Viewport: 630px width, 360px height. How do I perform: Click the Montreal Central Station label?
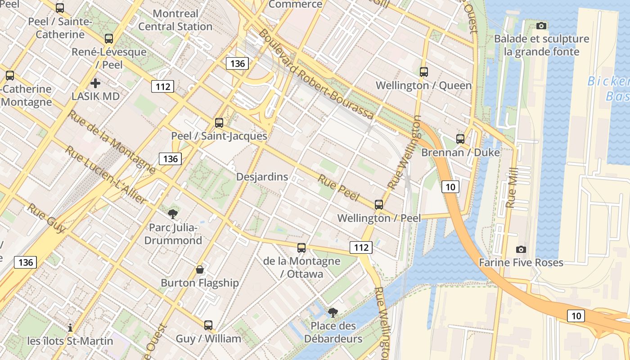175,20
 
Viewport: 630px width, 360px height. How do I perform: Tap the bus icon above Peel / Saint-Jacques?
219,122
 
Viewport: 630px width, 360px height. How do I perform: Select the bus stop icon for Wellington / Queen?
423,72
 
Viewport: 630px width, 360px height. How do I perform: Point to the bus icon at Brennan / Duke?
460,139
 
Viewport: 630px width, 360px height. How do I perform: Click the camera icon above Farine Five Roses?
521,249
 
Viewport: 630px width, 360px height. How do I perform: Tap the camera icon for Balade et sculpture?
541,26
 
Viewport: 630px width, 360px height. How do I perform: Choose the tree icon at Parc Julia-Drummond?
172,214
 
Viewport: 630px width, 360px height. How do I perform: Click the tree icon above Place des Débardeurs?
333,312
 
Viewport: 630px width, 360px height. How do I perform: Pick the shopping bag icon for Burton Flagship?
200,270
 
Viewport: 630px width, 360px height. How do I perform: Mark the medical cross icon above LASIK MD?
95,83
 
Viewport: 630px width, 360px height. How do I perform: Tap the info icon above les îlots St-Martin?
70,328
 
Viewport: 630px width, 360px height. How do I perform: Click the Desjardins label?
262,177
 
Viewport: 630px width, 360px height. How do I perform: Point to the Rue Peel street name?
338,189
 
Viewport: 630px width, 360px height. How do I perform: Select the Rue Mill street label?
512,188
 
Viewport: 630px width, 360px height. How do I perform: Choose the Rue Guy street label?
46,218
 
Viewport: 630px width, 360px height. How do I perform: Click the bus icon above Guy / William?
208,325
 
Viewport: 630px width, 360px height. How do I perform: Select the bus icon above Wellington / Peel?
379,205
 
